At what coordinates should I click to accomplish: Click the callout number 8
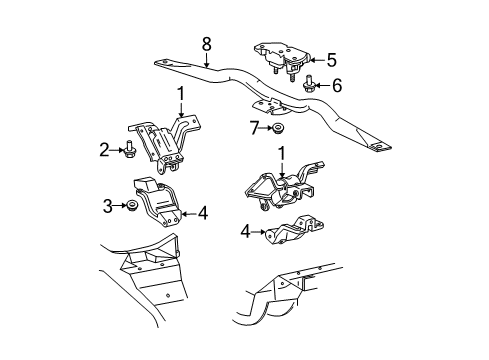(x=207, y=44)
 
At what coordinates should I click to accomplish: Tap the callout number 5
(x=331, y=60)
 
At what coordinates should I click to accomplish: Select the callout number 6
(x=337, y=85)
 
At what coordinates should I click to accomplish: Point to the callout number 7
(x=255, y=128)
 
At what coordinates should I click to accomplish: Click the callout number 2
(x=104, y=150)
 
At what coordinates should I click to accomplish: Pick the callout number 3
(x=107, y=206)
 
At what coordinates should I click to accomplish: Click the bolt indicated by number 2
(x=128, y=150)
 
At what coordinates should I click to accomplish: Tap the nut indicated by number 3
(x=133, y=205)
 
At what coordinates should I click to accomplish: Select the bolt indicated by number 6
(x=309, y=83)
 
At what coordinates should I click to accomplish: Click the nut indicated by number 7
(x=276, y=128)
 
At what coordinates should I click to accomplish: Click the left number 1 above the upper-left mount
(x=181, y=94)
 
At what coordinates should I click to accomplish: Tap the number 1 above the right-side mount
(x=282, y=154)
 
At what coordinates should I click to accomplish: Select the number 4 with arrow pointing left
(x=203, y=213)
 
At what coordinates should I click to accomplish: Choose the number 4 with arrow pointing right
(x=245, y=231)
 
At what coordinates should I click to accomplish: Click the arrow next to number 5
(x=317, y=60)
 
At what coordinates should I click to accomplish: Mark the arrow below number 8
(x=207, y=60)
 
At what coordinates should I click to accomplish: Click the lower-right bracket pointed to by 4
(x=294, y=231)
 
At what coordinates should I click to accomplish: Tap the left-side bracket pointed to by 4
(x=157, y=203)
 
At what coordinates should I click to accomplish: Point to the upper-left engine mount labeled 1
(x=164, y=143)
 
